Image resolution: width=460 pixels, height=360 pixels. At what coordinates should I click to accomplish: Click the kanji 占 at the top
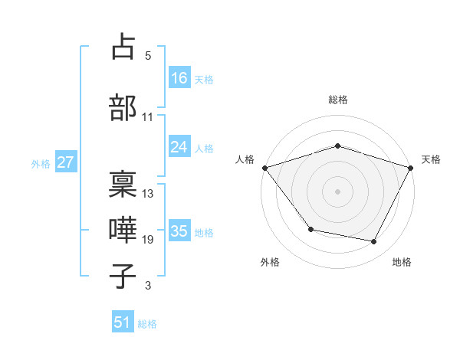click(x=123, y=47)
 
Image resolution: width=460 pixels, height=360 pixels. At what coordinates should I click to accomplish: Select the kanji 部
click(x=123, y=107)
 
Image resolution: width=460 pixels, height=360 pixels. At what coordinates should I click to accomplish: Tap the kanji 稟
click(x=123, y=184)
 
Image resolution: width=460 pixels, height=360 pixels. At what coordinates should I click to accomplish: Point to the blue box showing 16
click(x=179, y=78)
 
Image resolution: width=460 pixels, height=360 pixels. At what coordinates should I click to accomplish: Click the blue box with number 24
click(x=179, y=147)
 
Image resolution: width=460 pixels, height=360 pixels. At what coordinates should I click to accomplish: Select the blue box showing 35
click(x=179, y=231)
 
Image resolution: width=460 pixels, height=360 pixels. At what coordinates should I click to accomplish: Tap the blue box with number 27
click(x=66, y=162)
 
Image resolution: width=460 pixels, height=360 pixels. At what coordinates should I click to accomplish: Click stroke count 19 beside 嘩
click(x=148, y=240)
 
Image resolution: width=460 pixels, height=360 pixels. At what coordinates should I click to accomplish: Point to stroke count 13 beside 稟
click(x=148, y=193)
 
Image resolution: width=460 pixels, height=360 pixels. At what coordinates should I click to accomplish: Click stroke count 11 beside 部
click(x=148, y=116)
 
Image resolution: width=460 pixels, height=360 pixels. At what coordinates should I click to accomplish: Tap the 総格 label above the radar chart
click(x=337, y=100)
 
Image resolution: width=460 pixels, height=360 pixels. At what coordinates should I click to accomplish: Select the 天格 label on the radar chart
click(x=431, y=159)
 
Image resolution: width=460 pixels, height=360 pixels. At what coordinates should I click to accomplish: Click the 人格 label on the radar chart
click(x=245, y=159)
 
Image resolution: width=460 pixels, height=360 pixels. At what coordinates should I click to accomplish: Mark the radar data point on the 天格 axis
click(x=410, y=167)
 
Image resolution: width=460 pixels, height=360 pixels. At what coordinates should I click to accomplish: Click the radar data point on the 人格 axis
click(x=264, y=167)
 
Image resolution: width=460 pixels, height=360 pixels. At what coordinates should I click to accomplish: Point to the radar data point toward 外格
click(x=310, y=229)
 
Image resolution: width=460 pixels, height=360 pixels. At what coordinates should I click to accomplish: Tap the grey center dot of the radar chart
click(x=337, y=191)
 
